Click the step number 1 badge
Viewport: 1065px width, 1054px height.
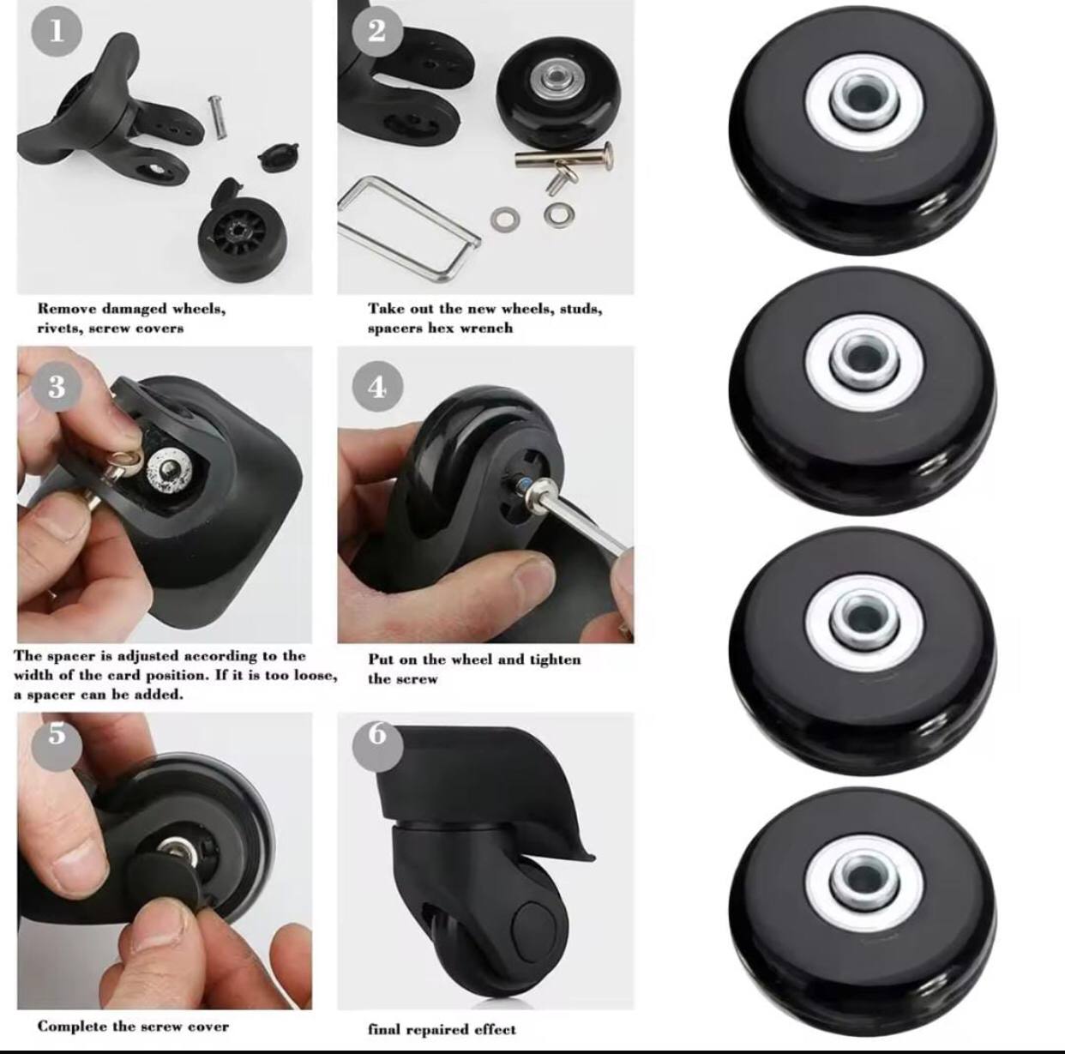tap(57, 32)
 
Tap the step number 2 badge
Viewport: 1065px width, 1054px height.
tap(376, 31)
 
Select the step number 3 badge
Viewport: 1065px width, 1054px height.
tap(57, 387)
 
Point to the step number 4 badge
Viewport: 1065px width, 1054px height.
tap(377, 387)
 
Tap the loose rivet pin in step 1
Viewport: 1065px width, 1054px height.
tap(217, 117)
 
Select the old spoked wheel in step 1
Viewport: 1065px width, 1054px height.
tap(238, 236)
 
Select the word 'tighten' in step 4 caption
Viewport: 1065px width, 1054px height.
tap(556, 660)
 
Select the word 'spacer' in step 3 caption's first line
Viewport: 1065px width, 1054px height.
tap(69, 656)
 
